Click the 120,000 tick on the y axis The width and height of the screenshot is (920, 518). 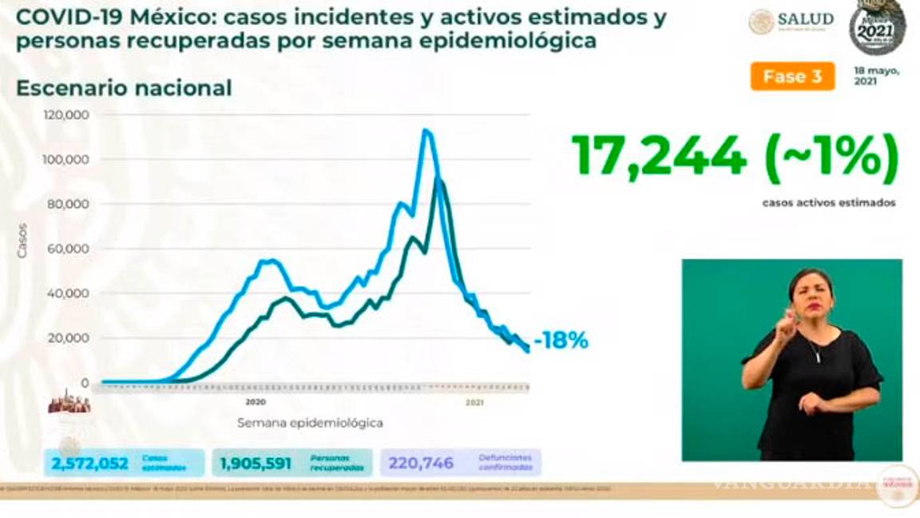[x=67, y=115]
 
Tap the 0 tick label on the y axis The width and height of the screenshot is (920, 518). [x=85, y=382]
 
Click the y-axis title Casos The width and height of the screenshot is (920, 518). [x=22, y=240]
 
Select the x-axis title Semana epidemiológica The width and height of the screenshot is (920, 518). [x=309, y=422]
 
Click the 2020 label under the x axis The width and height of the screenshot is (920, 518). [x=255, y=401]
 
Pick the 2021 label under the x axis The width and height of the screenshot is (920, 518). [x=475, y=402]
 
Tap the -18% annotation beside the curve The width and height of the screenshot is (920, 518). [x=561, y=341]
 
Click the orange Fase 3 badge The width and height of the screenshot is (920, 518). [x=792, y=77]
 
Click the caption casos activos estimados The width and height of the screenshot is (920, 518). [x=828, y=203]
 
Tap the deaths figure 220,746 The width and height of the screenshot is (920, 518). [x=421, y=463]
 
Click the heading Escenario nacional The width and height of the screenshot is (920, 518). [x=124, y=88]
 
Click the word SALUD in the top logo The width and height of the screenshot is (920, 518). [x=806, y=19]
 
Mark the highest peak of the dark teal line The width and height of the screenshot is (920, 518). [x=438, y=180]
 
